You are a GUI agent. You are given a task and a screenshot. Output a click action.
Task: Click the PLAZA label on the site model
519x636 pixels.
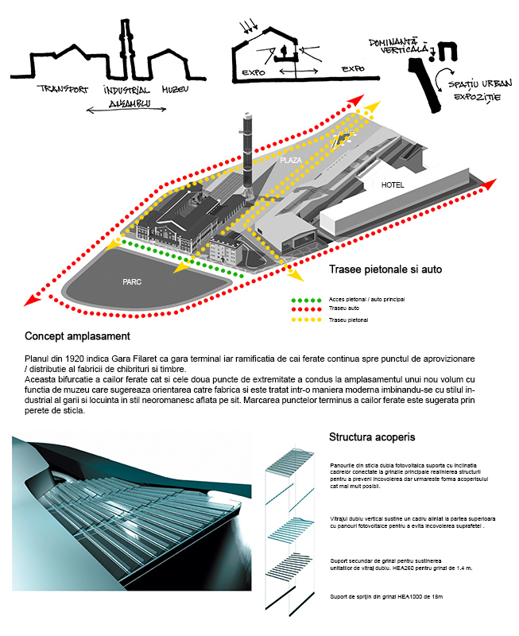point(291,160)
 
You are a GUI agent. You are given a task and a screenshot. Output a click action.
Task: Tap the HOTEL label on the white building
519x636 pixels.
point(393,185)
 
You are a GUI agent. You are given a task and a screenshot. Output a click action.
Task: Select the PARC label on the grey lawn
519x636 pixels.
point(133,281)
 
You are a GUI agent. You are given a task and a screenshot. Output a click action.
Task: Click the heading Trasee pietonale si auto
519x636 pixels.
point(385,270)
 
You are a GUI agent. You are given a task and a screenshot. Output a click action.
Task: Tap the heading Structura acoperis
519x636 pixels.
point(372,437)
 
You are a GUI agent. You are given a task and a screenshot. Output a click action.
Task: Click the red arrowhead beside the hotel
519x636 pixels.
point(490,185)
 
